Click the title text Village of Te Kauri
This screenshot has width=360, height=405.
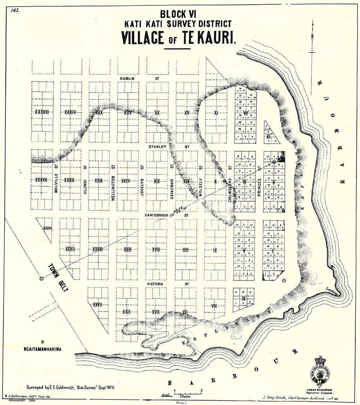coord(179,38)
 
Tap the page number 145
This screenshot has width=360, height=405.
coord(15,10)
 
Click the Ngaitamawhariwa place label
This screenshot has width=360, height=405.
coord(42,349)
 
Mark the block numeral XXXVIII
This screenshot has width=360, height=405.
coord(42,112)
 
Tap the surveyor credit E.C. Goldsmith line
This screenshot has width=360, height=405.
coord(71,388)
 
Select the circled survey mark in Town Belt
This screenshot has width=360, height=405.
coord(42,278)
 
